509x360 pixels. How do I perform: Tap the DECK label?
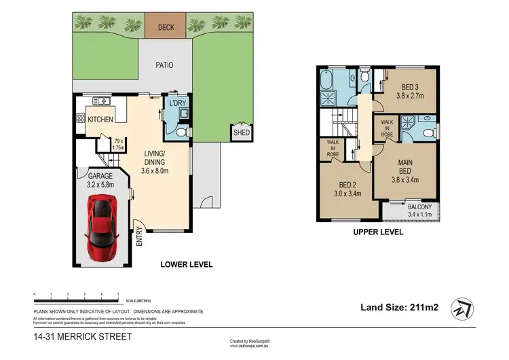point(166,29)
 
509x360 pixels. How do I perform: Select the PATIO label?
point(164,66)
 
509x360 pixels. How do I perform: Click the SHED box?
point(242,132)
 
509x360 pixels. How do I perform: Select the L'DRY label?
point(178,103)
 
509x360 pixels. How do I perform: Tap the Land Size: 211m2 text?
point(400,308)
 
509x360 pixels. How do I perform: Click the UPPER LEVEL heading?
point(377,232)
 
